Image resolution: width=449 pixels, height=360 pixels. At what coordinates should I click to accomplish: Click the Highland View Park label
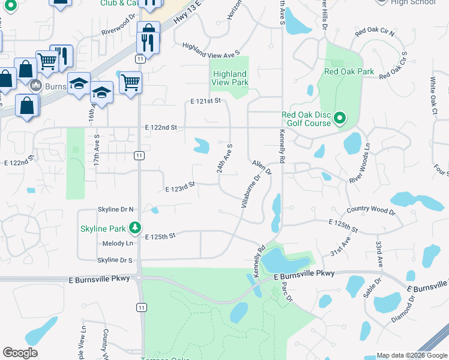231,78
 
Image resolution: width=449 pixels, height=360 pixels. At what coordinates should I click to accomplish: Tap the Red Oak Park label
349,71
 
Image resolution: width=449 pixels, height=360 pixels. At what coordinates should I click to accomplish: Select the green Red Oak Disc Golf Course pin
340,118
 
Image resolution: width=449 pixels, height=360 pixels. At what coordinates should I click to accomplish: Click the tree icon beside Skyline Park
136,228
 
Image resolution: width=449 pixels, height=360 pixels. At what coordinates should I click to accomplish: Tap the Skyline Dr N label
116,209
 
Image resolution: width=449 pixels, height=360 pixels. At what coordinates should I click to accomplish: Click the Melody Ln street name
118,243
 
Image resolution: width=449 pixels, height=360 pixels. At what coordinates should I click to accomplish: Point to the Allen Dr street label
262,167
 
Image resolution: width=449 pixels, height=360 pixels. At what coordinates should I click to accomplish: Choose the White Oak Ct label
433,96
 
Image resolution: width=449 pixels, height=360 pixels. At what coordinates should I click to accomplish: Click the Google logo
20,353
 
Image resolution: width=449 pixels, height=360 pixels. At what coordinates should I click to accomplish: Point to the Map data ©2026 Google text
412,355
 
